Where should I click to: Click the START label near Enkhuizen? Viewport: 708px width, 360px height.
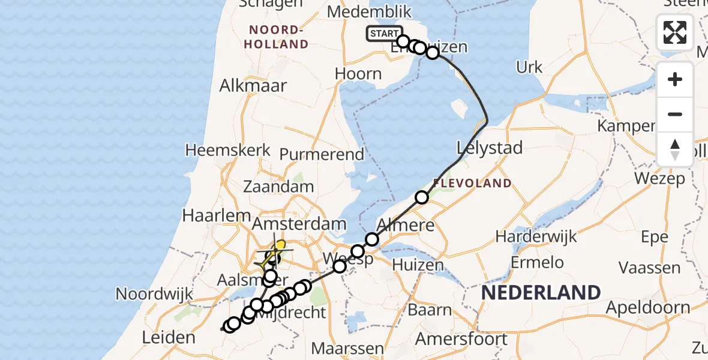pyautogui.click(x=383, y=34)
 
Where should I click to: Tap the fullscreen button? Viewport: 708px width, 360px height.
pyautogui.click(x=675, y=32)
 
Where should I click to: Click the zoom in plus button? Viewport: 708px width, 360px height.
pyautogui.click(x=675, y=80)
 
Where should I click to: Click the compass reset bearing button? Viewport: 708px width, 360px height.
pyautogui.click(x=675, y=149)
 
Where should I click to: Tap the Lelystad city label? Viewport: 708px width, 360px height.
pyautogui.click(x=490, y=148)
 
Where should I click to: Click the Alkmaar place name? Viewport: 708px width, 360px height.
pyautogui.click(x=253, y=85)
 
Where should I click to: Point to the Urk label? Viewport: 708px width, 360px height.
pyautogui.click(x=529, y=67)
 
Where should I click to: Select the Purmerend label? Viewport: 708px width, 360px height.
pyautogui.click(x=322, y=154)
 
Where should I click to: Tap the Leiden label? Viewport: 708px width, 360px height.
pyautogui.click(x=168, y=337)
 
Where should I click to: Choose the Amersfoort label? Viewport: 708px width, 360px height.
pyautogui.click(x=461, y=339)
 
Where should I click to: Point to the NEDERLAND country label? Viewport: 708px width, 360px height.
pyautogui.click(x=541, y=293)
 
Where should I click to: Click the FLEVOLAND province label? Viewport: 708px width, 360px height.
pyautogui.click(x=472, y=183)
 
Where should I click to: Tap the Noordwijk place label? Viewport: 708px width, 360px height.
pyautogui.click(x=154, y=294)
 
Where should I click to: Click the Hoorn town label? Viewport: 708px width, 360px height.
pyautogui.click(x=358, y=74)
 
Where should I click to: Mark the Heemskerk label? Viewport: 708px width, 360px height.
pyautogui.click(x=228, y=150)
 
